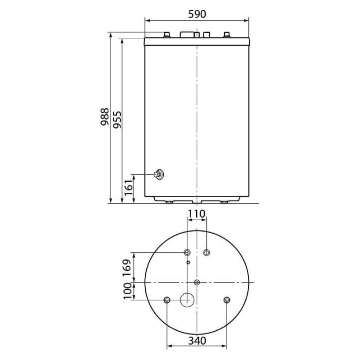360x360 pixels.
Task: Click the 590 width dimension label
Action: pyautogui.click(x=196, y=14)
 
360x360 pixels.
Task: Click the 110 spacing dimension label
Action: pyautogui.click(x=196, y=214)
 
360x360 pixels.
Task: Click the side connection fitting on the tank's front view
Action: pyautogui.click(x=159, y=174)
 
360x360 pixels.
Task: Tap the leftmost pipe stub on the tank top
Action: pyautogui.click(x=167, y=35)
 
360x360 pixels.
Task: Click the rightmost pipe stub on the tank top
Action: pyautogui.click(x=226, y=35)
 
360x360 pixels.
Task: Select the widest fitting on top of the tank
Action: pyautogui.click(x=188, y=34)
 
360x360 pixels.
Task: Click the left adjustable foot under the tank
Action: pyautogui.click(x=169, y=202)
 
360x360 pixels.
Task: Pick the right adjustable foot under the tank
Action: pyautogui.click(x=224, y=202)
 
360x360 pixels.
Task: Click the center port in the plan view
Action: pyautogui.click(x=197, y=282)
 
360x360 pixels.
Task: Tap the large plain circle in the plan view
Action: pyautogui.click(x=187, y=300)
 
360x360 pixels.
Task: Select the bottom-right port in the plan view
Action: pyautogui.click(x=226, y=300)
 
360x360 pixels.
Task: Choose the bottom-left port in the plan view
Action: pyautogui.click(x=167, y=300)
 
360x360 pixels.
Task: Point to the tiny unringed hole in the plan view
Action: pyautogui.click(x=189, y=262)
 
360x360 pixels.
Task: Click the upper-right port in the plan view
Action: pyautogui.click(x=207, y=252)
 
